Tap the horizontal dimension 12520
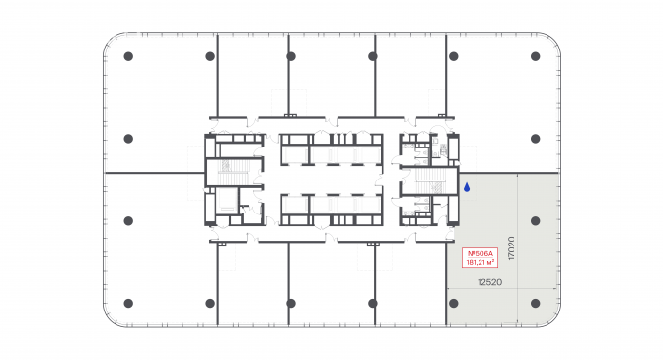click(x=487, y=282)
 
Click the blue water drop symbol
click(x=467, y=187)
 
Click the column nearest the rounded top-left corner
click(x=128, y=57)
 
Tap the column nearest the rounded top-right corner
click(x=534, y=57)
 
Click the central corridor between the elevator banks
click(x=330, y=180)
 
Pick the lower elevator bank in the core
click(x=330, y=208)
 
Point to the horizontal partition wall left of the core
click(x=153, y=173)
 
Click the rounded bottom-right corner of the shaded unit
click(x=555, y=317)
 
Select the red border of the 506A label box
click(x=462, y=257)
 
